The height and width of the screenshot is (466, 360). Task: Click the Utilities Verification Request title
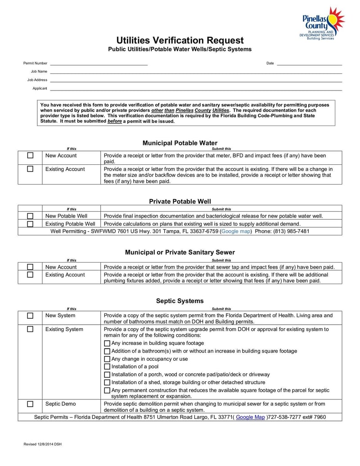180,40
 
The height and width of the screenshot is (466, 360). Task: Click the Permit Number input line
99,64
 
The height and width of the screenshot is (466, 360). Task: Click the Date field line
309,64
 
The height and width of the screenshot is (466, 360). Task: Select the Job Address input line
196,81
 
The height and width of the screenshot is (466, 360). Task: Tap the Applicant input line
196,89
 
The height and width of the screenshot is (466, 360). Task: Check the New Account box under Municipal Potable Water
30,156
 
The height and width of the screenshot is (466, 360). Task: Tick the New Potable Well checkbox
30,216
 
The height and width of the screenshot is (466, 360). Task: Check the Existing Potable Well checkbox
30,224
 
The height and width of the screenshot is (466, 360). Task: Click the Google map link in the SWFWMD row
236,231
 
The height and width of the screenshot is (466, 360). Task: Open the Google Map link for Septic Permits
250,417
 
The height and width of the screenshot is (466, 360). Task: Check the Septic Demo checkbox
30,404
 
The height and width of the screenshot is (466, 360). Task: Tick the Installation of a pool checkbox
107,366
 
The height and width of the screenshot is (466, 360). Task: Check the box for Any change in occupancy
107,359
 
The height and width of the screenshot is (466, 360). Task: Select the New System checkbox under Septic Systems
30,316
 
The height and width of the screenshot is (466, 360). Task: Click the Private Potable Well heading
180,201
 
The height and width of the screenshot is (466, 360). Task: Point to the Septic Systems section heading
180,301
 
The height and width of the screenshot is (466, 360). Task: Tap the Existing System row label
64,330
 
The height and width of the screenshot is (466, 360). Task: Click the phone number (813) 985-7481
291,231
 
